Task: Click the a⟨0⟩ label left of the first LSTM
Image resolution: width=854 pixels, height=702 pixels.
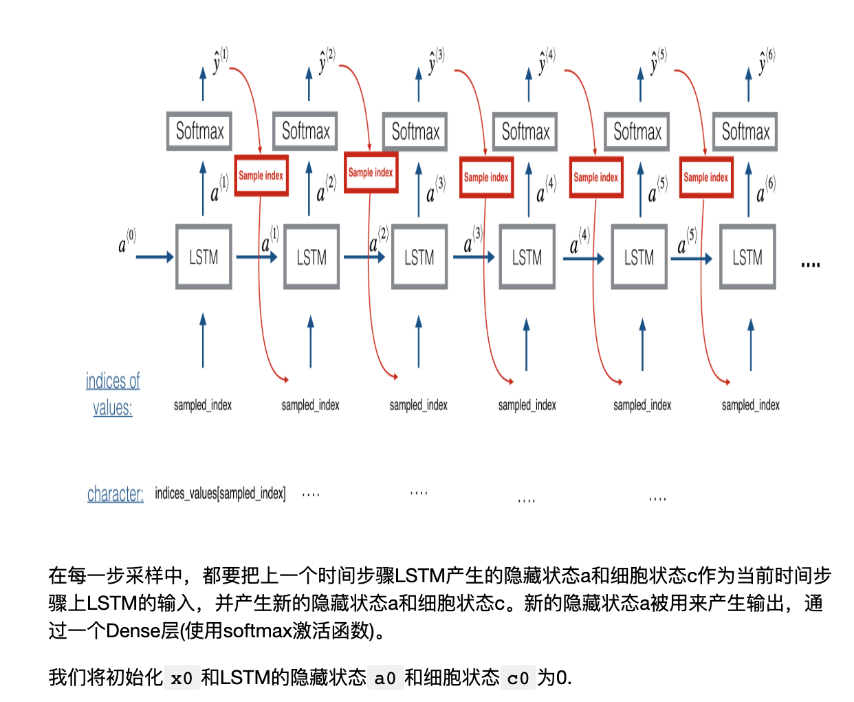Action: click(x=127, y=242)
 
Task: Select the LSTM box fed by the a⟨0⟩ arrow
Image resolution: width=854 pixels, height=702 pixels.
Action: click(x=204, y=257)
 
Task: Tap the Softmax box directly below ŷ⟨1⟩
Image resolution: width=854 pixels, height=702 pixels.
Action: click(x=199, y=131)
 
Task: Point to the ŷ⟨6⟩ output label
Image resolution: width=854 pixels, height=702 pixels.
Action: click(x=766, y=61)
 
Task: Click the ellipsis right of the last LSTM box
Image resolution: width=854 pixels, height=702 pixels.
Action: click(x=811, y=264)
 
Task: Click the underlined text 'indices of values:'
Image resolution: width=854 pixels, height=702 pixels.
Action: click(x=113, y=394)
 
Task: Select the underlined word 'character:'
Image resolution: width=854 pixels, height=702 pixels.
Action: click(x=116, y=493)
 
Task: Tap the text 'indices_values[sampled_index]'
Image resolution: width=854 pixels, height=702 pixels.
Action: click(x=220, y=493)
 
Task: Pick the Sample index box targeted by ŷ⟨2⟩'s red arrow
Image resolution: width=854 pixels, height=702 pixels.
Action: click(x=371, y=172)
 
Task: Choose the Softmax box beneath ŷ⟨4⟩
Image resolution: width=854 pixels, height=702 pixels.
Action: click(x=525, y=131)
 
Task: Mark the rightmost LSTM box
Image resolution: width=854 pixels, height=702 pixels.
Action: click(x=747, y=257)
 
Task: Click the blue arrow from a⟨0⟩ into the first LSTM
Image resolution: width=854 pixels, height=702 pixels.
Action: click(x=155, y=257)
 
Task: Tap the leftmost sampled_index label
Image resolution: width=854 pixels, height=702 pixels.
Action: click(x=203, y=405)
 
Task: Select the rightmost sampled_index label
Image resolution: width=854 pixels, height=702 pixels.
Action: click(x=750, y=405)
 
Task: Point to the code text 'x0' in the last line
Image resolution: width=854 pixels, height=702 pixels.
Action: click(x=182, y=679)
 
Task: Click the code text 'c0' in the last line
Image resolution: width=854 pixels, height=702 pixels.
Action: click(x=518, y=679)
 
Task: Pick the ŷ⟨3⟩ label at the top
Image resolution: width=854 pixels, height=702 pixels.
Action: click(x=436, y=61)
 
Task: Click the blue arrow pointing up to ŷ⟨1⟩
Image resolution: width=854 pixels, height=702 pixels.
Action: click(x=203, y=84)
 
